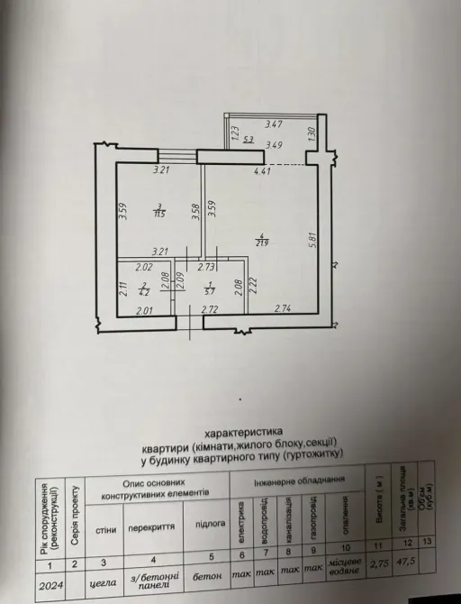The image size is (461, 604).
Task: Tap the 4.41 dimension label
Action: (x=262, y=170)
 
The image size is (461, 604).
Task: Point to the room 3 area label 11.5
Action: (x=158, y=214)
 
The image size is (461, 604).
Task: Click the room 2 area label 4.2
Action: (x=142, y=291)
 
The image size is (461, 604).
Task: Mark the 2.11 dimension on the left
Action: (x=122, y=289)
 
